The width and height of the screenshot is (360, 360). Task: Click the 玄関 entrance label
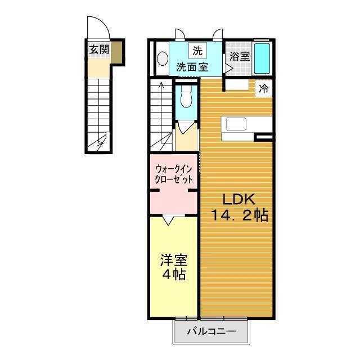[98, 49]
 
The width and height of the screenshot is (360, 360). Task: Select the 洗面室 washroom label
[192, 66]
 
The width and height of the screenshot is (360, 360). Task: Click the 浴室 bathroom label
[239, 56]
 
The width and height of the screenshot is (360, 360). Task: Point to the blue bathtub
[262, 57]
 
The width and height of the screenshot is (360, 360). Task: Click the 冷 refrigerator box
[264, 88]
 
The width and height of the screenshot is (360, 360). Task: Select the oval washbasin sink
[162, 58]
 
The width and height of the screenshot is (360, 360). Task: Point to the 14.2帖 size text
[240, 215]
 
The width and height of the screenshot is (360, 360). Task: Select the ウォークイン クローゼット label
[174, 174]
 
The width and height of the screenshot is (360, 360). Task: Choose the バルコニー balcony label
[210, 331]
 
